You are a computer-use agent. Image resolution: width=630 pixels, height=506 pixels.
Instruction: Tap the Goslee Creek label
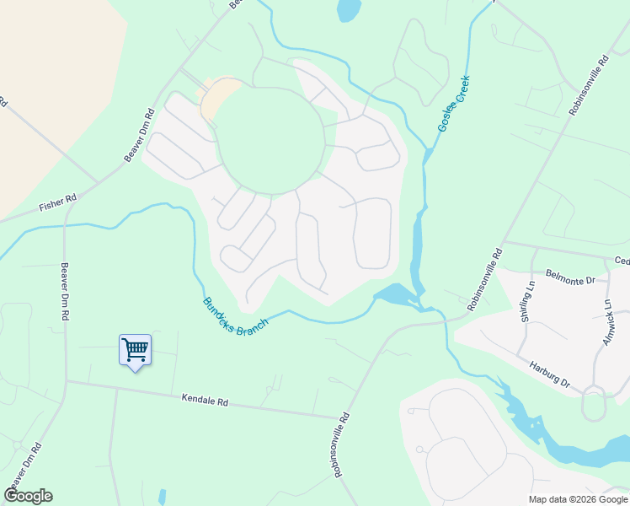tap(452, 104)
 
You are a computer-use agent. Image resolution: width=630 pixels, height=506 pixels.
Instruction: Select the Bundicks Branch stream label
tap(236, 314)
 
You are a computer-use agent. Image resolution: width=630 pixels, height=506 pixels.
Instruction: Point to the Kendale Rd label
tap(206, 401)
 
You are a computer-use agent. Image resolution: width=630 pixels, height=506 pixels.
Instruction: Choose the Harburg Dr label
tap(550, 375)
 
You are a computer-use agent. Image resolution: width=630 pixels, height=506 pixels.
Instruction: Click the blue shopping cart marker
tap(135, 349)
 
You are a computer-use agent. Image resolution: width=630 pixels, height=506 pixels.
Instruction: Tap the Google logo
tap(28, 496)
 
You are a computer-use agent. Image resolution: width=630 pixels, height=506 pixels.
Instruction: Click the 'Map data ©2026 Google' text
tap(577, 499)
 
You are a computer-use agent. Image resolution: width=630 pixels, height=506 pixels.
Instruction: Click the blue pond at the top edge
tap(347, 9)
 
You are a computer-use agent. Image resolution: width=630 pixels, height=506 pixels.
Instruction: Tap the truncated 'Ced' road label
tap(622, 261)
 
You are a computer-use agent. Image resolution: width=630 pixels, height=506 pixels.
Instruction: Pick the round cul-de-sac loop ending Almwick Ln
tap(594, 407)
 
